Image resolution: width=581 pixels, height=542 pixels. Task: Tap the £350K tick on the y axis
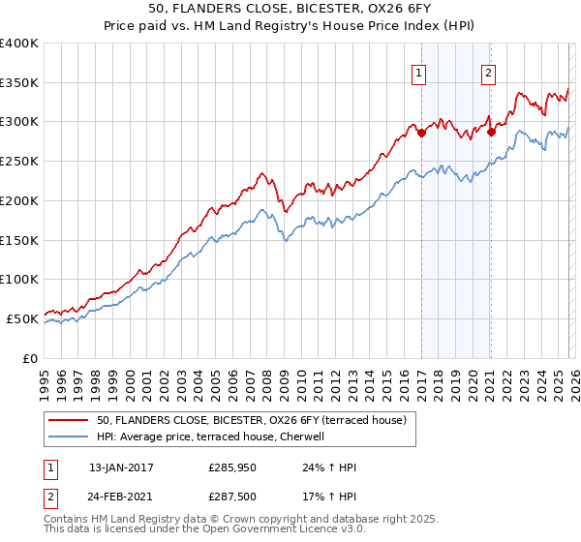click(19, 83)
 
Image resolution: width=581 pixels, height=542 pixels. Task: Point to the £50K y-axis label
click(22, 318)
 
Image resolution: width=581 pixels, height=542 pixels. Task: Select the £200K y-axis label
click(19, 200)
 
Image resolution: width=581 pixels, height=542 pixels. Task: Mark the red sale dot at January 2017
click(421, 134)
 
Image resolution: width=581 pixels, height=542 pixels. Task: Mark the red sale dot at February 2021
click(491, 133)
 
